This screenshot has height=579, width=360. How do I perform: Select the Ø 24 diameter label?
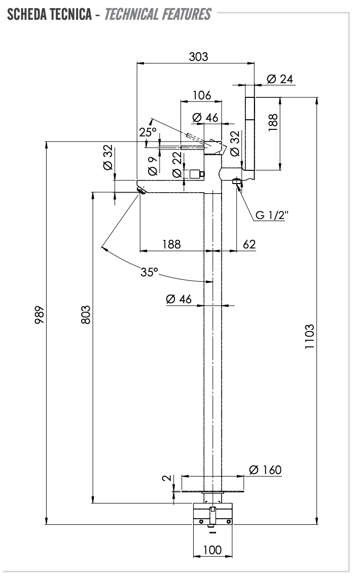(x=279, y=79)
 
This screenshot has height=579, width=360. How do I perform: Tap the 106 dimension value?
(x=201, y=95)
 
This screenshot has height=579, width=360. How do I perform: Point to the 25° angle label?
(x=148, y=132)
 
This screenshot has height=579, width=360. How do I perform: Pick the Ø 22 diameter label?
(x=176, y=165)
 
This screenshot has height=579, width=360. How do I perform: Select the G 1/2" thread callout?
(x=271, y=215)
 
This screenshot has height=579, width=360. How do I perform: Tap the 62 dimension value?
(x=249, y=244)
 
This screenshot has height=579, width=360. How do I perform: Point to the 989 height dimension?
(x=40, y=314)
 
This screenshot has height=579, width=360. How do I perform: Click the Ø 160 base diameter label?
(x=265, y=470)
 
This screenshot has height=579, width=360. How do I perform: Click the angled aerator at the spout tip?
(x=141, y=190)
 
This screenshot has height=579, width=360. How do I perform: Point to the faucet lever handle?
(x=215, y=147)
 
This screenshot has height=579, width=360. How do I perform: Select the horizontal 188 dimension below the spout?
(x=171, y=244)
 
